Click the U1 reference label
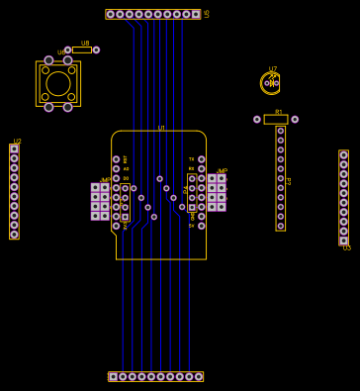pyautogui.click(x=161, y=128)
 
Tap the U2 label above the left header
pyautogui.click(x=17, y=141)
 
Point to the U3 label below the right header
pyautogui.click(x=346, y=248)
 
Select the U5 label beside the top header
pyautogui.click(x=207, y=14)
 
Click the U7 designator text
pyautogui.click(x=273, y=69)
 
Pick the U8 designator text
pyautogui.click(x=85, y=43)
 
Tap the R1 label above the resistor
pyautogui.click(x=279, y=112)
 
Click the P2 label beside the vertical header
pyautogui.click(x=289, y=181)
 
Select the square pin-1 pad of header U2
pyautogui.click(x=14, y=149)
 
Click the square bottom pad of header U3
pyautogui.click(x=343, y=241)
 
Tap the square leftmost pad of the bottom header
pyautogui.click(x=114, y=376)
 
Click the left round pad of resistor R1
pyautogui.click(x=257, y=120)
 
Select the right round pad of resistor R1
pyautogui.click(x=295, y=120)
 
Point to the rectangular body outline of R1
pyautogui.click(x=276, y=120)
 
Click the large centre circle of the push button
pyautogui.click(x=58, y=84)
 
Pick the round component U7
pyautogui.click(x=271, y=83)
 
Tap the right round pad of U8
pyautogui.click(x=96, y=49)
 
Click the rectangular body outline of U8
pyautogui.click(x=82, y=49)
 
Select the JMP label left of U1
pyautogui.click(x=105, y=180)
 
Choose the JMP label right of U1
pyautogui.click(x=222, y=171)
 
